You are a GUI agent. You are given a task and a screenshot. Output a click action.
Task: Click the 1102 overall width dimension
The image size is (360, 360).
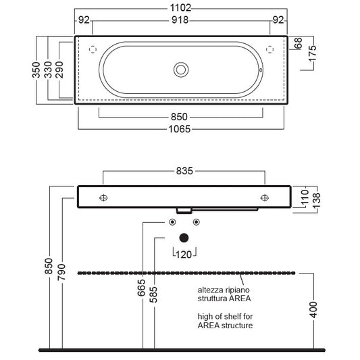(x=180, y=8)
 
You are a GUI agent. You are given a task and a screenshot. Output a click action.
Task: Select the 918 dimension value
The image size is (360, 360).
(x=180, y=20)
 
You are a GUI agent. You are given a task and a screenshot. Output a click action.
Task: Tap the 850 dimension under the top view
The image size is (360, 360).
(x=179, y=117)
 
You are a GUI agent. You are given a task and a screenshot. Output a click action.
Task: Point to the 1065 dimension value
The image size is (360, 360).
(x=180, y=129)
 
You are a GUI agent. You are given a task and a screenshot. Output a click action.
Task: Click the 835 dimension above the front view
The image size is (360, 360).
(x=184, y=171)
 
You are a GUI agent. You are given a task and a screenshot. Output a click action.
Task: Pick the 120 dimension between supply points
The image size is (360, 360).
(x=184, y=255)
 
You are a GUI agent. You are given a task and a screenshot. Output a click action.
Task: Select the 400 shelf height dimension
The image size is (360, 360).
(x=313, y=310)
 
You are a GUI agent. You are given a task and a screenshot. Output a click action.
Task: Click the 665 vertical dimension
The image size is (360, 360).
(x=141, y=288)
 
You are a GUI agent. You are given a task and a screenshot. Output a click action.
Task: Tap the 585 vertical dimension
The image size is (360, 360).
(x=153, y=294)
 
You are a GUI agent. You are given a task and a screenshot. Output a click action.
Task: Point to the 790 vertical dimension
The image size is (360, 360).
(x=61, y=272)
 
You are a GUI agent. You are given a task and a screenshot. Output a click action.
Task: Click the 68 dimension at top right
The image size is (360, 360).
(x=298, y=43)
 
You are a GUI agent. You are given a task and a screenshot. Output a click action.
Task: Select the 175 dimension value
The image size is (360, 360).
(x=312, y=54)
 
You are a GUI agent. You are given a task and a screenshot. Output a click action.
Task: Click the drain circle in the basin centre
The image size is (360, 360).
(x=181, y=70)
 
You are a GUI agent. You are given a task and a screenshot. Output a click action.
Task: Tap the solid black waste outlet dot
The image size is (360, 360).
(x=184, y=238)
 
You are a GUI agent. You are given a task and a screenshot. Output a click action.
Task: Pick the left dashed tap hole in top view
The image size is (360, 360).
(x=93, y=49)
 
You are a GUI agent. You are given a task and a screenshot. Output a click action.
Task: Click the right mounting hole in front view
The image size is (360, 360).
(x=265, y=198)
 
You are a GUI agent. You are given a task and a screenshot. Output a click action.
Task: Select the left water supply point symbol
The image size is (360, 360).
(x=172, y=222)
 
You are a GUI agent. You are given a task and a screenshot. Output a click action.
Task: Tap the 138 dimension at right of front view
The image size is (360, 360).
(x=316, y=200)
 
